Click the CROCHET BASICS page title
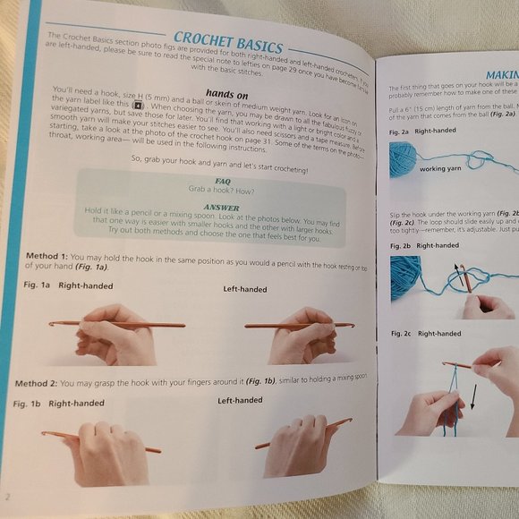228,41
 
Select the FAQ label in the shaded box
211,180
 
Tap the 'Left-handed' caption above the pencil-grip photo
244,289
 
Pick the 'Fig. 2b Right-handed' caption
423,245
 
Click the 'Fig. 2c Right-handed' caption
424,334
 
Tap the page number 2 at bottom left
8,496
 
